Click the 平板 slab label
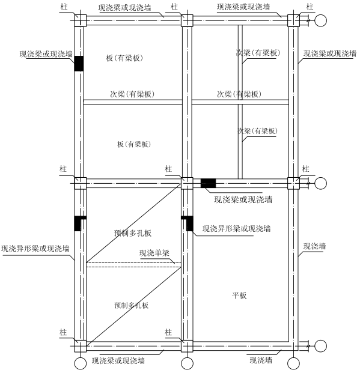[x=239, y=295]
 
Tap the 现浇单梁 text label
[x=154, y=253]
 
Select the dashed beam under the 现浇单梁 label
[x=133, y=265]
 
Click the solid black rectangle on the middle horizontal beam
[x=208, y=183]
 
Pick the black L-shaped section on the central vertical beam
[x=188, y=223]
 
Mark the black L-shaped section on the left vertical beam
[x=79, y=223]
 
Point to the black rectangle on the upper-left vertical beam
[x=79, y=64]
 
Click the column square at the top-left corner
[x=81, y=20]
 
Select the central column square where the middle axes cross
[x=187, y=183]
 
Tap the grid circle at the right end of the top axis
[x=320, y=20]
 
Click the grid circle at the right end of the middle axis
[x=320, y=183]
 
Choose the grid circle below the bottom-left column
[x=81, y=363]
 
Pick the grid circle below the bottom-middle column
[x=187, y=363]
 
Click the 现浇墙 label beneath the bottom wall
[x=261, y=360]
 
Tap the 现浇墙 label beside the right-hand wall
[x=314, y=246]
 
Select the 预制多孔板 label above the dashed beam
[x=133, y=233]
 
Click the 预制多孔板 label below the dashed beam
[x=132, y=305]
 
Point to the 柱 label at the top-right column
[x=310, y=7]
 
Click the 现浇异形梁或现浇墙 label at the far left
[x=35, y=249]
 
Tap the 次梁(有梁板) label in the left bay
[x=132, y=94]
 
